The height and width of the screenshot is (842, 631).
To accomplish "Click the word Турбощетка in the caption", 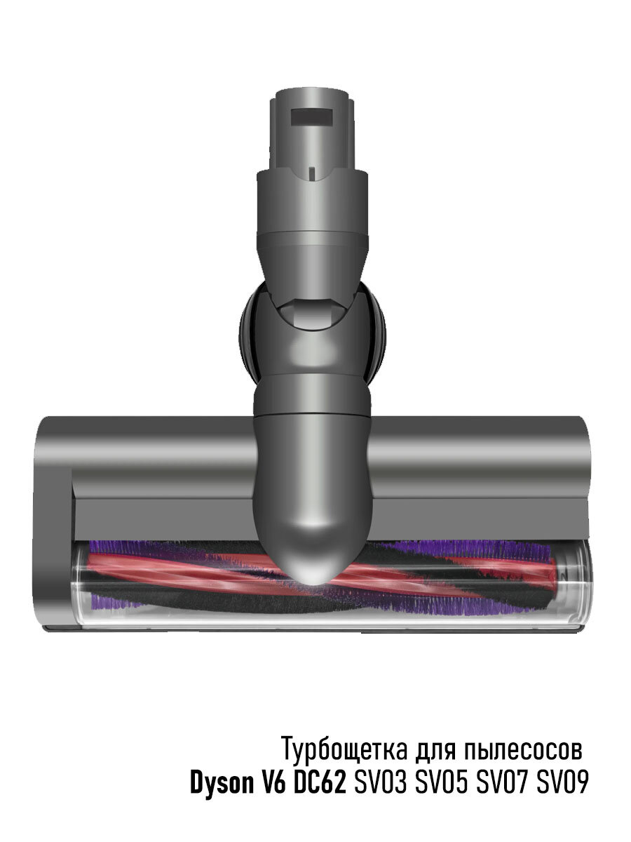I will (344, 749).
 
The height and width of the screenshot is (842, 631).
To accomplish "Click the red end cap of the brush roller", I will (563, 568).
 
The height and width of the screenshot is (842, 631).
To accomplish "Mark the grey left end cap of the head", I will (53, 526).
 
